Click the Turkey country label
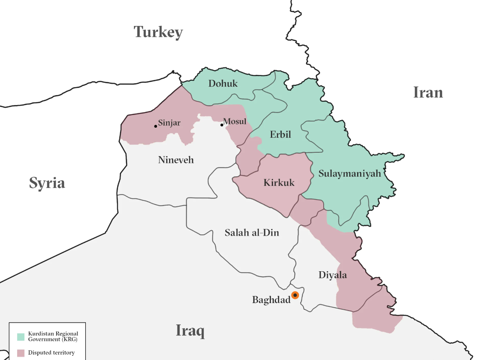tap(158, 32)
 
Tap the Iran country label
tap(428, 92)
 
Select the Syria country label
tap(47, 183)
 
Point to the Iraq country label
tap(190, 330)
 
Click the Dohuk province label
tap(223, 84)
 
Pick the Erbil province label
tap(280, 135)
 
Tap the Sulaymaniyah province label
tap(350, 173)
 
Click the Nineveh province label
tap(176, 160)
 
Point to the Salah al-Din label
tap(252, 233)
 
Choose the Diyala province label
tap(332, 275)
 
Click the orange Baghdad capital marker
tap(295, 295)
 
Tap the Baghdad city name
tap(271, 300)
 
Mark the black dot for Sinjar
tap(156, 126)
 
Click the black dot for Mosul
tap(222, 125)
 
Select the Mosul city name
tap(235, 122)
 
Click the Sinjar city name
tap(169, 123)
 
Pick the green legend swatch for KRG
tap(21, 337)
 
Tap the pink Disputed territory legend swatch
tap(21, 353)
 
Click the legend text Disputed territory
tap(51, 353)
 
